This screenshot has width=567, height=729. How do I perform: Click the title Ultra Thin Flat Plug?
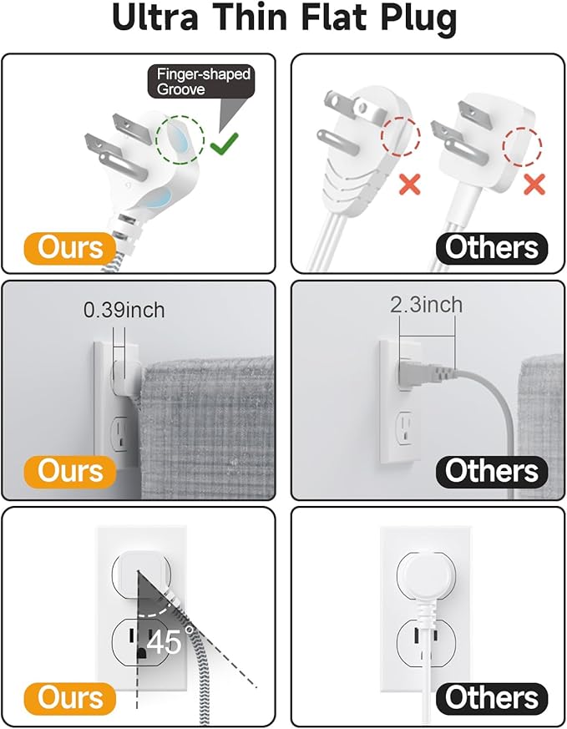click(284, 20)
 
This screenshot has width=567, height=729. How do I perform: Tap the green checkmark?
click(223, 145)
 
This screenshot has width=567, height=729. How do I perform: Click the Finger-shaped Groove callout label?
click(201, 81)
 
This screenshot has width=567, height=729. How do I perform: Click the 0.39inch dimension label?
click(124, 311)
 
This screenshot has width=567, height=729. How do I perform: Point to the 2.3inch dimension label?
click(426, 305)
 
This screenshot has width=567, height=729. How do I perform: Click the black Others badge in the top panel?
click(492, 248)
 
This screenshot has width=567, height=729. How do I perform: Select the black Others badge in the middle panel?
click(492, 470)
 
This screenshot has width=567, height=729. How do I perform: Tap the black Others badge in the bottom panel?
click(492, 698)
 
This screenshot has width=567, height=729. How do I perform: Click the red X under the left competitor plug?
click(410, 185)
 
